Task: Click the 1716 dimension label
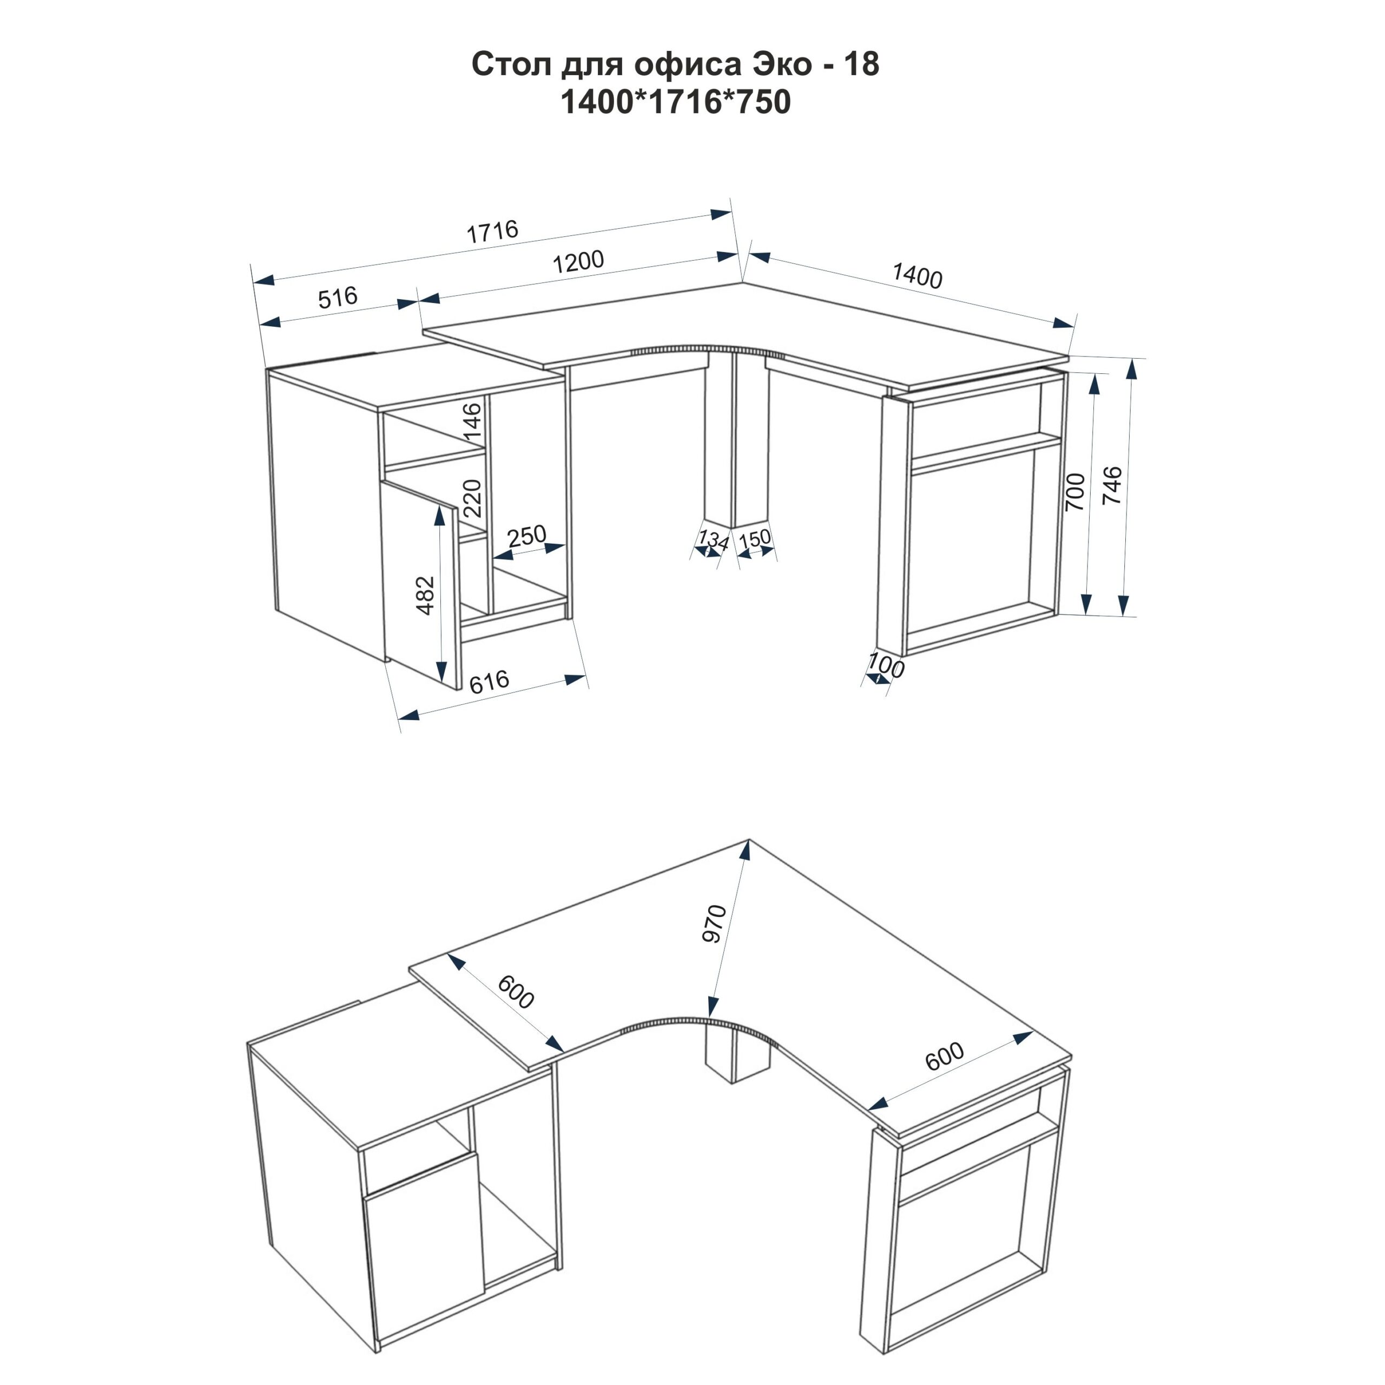pos(492,231)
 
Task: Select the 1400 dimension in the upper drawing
pos(917,276)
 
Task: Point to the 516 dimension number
pos(338,297)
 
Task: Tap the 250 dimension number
pos(527,536)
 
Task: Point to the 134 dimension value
pos(713,539)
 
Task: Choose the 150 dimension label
pos(754,538)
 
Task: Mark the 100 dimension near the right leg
pos(886,666)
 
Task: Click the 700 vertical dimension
pos(1076,492)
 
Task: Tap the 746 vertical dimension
pos(1112,485)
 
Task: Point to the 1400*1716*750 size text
pos(675,102)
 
